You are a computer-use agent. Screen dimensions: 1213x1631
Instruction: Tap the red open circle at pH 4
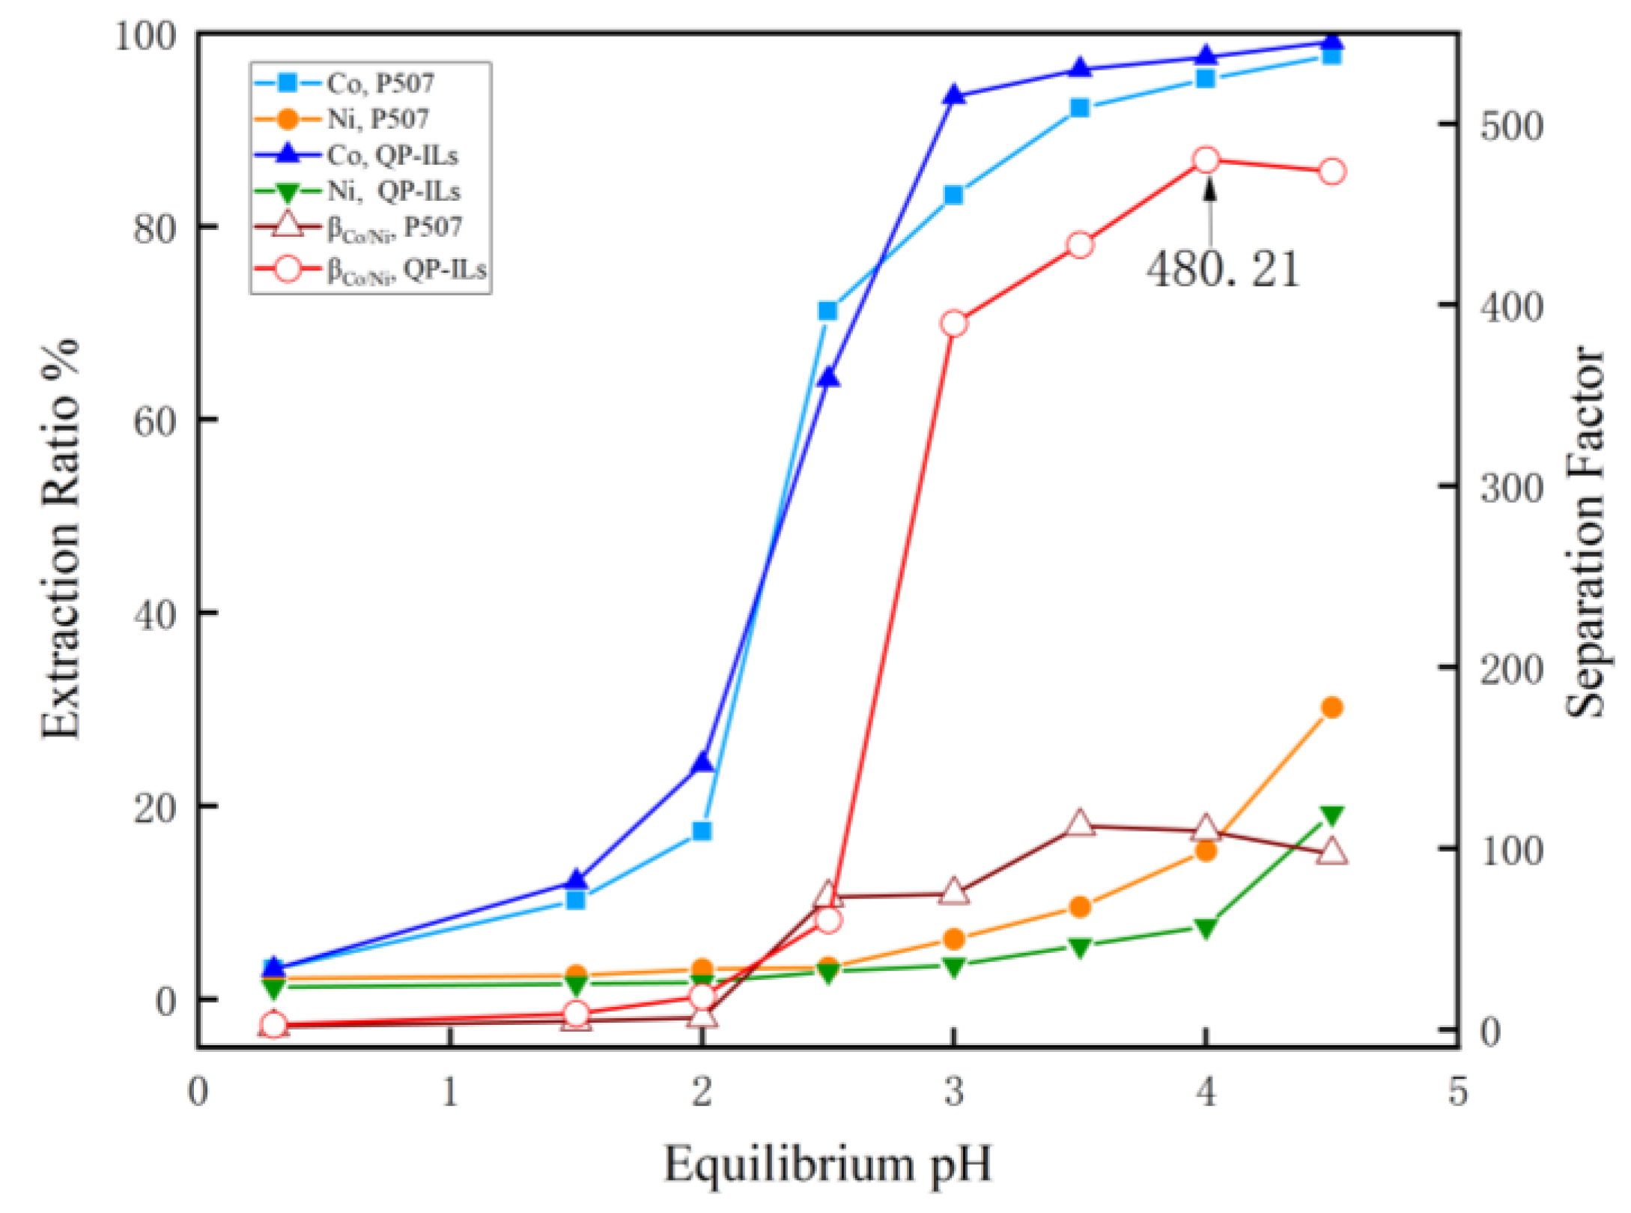click(1206, 160)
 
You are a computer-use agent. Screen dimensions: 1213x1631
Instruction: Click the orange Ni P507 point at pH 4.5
click(1331, 707)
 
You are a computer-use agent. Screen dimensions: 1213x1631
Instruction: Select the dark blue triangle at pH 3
click(953, 95)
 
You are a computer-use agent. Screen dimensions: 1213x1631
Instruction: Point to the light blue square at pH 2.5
click(827, 311)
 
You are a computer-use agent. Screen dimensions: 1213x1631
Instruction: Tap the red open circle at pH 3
click(953, 324)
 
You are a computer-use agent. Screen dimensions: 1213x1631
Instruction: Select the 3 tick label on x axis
click(953, 1092)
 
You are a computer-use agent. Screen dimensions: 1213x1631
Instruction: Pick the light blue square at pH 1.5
click(575, 899)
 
